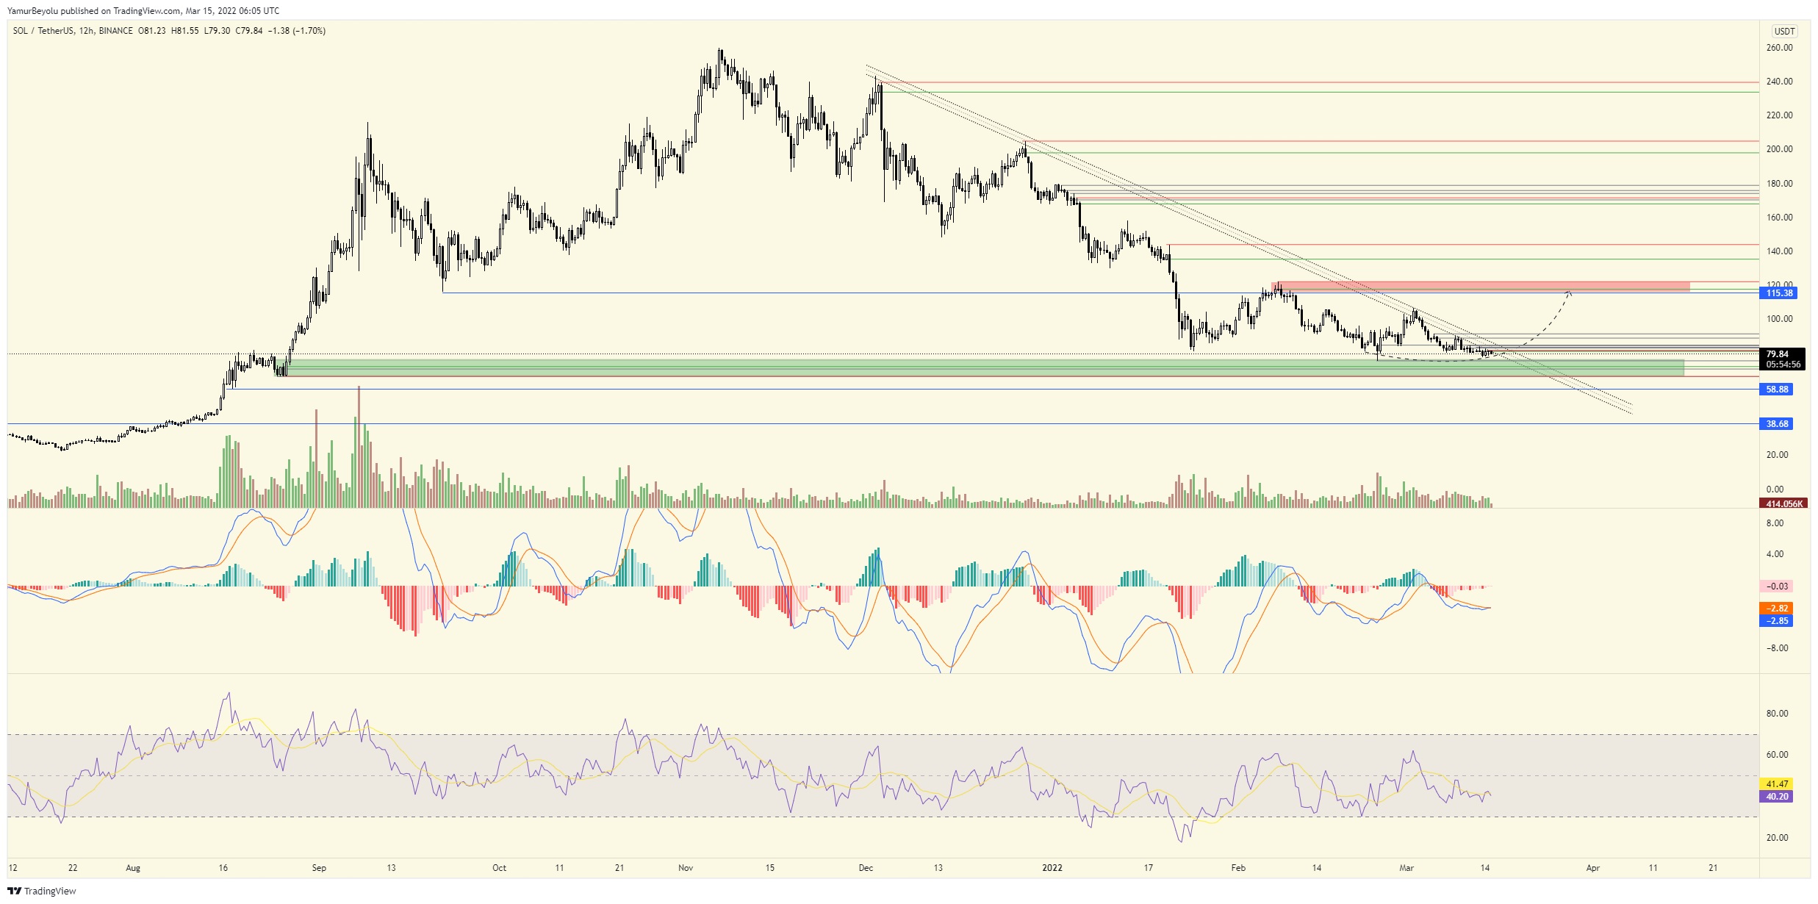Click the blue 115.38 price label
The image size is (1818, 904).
coord(1779,293)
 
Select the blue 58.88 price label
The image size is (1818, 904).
coord(1777,390)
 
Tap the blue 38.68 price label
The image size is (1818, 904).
coord(1777,424)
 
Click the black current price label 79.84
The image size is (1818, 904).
coord(1778,354)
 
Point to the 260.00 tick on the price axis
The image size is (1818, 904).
coord(1779,48)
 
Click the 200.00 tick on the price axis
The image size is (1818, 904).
coord(1779,149)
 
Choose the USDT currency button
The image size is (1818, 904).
coord(1784,31)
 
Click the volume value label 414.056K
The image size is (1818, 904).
coord(1783,504)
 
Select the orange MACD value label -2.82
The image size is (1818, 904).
coord(1778,609)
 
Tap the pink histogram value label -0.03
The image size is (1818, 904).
coord(1778,586)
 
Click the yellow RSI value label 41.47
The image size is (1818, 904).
coord(1777,784)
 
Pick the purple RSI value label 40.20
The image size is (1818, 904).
coord(1777,797)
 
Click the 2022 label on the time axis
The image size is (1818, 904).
coord(1052,868)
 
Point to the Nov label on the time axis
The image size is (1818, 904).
coord(685,868)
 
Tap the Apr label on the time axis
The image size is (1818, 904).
coord(1592,868)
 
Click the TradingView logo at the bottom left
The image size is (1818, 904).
coord(42,891)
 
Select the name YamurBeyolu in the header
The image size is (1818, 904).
coord(32,11)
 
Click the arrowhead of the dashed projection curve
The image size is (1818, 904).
coord(1570,293)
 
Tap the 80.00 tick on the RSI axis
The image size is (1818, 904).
coord(1777,714)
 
